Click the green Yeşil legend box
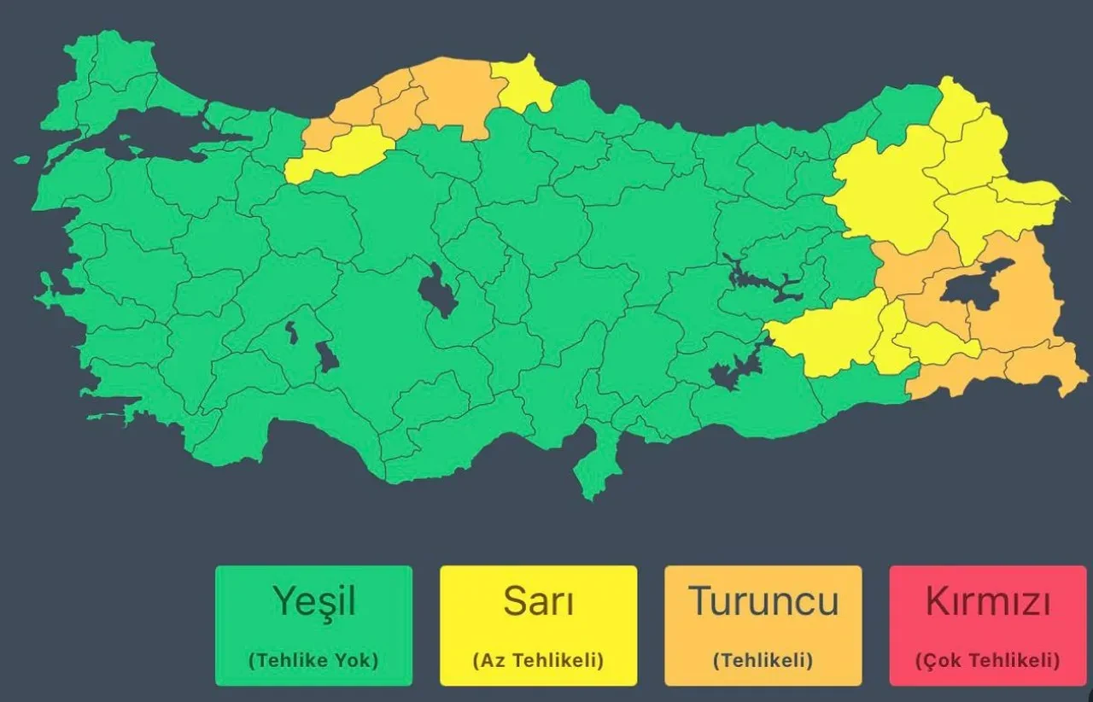[x=313, y=625]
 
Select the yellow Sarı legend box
[x=538, y=625]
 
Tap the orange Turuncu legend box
[x=763, y=625]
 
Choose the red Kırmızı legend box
[x=988, y=625]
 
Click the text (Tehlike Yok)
[x=313, y=660]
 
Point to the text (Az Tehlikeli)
[x=538, y=660]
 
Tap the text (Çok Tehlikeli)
[x=988, y=660]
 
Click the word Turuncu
[x=763, y=601]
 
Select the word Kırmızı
[x=988, y=601]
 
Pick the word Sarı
[x=538, y=601]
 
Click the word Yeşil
[x=313, y=601]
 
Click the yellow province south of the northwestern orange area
[x=342, y=152]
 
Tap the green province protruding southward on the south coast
[x=597, y=465]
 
